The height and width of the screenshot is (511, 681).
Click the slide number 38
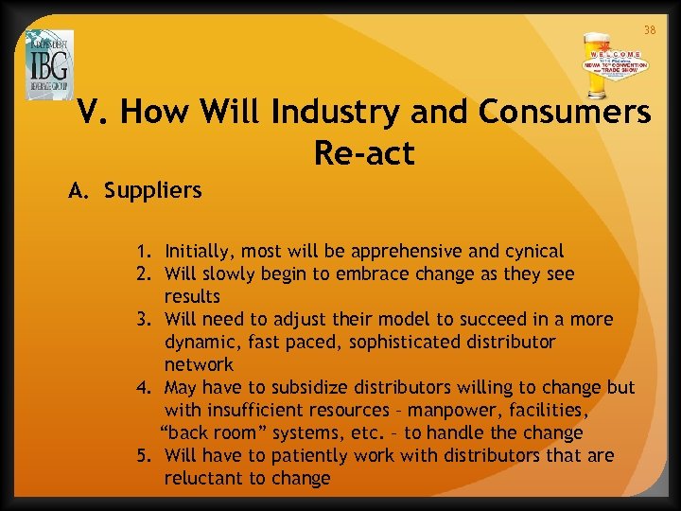click(650, 30)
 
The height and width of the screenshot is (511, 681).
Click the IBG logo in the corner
click(49, 64)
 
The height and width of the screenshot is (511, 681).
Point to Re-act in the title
click(364, 153)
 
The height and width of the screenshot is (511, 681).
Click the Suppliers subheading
click(152, 190)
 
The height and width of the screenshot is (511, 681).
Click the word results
click(192, 297)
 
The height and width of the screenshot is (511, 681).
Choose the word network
click(199, 364)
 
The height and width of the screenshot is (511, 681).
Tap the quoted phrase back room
click(213, 433)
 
